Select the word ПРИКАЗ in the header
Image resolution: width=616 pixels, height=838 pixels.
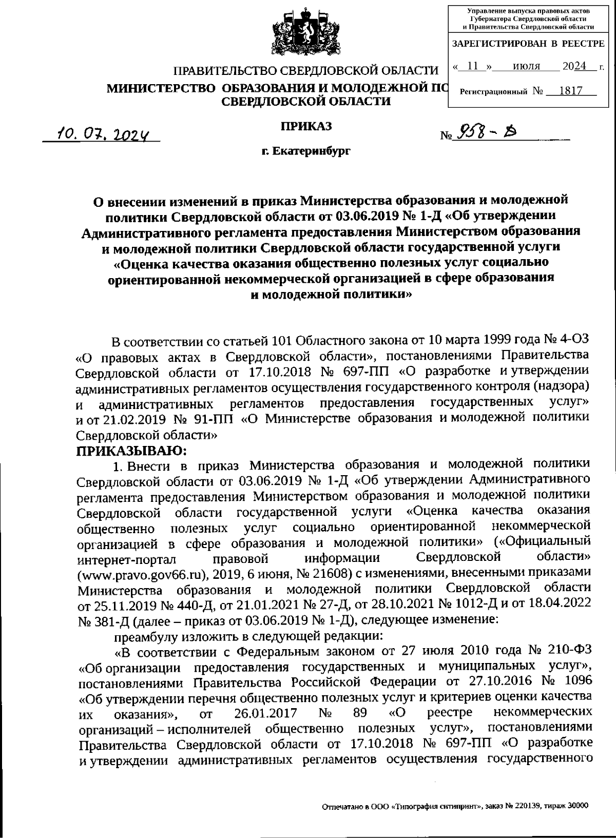(306, 126)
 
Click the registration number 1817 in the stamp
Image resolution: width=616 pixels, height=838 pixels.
(570, 91)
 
